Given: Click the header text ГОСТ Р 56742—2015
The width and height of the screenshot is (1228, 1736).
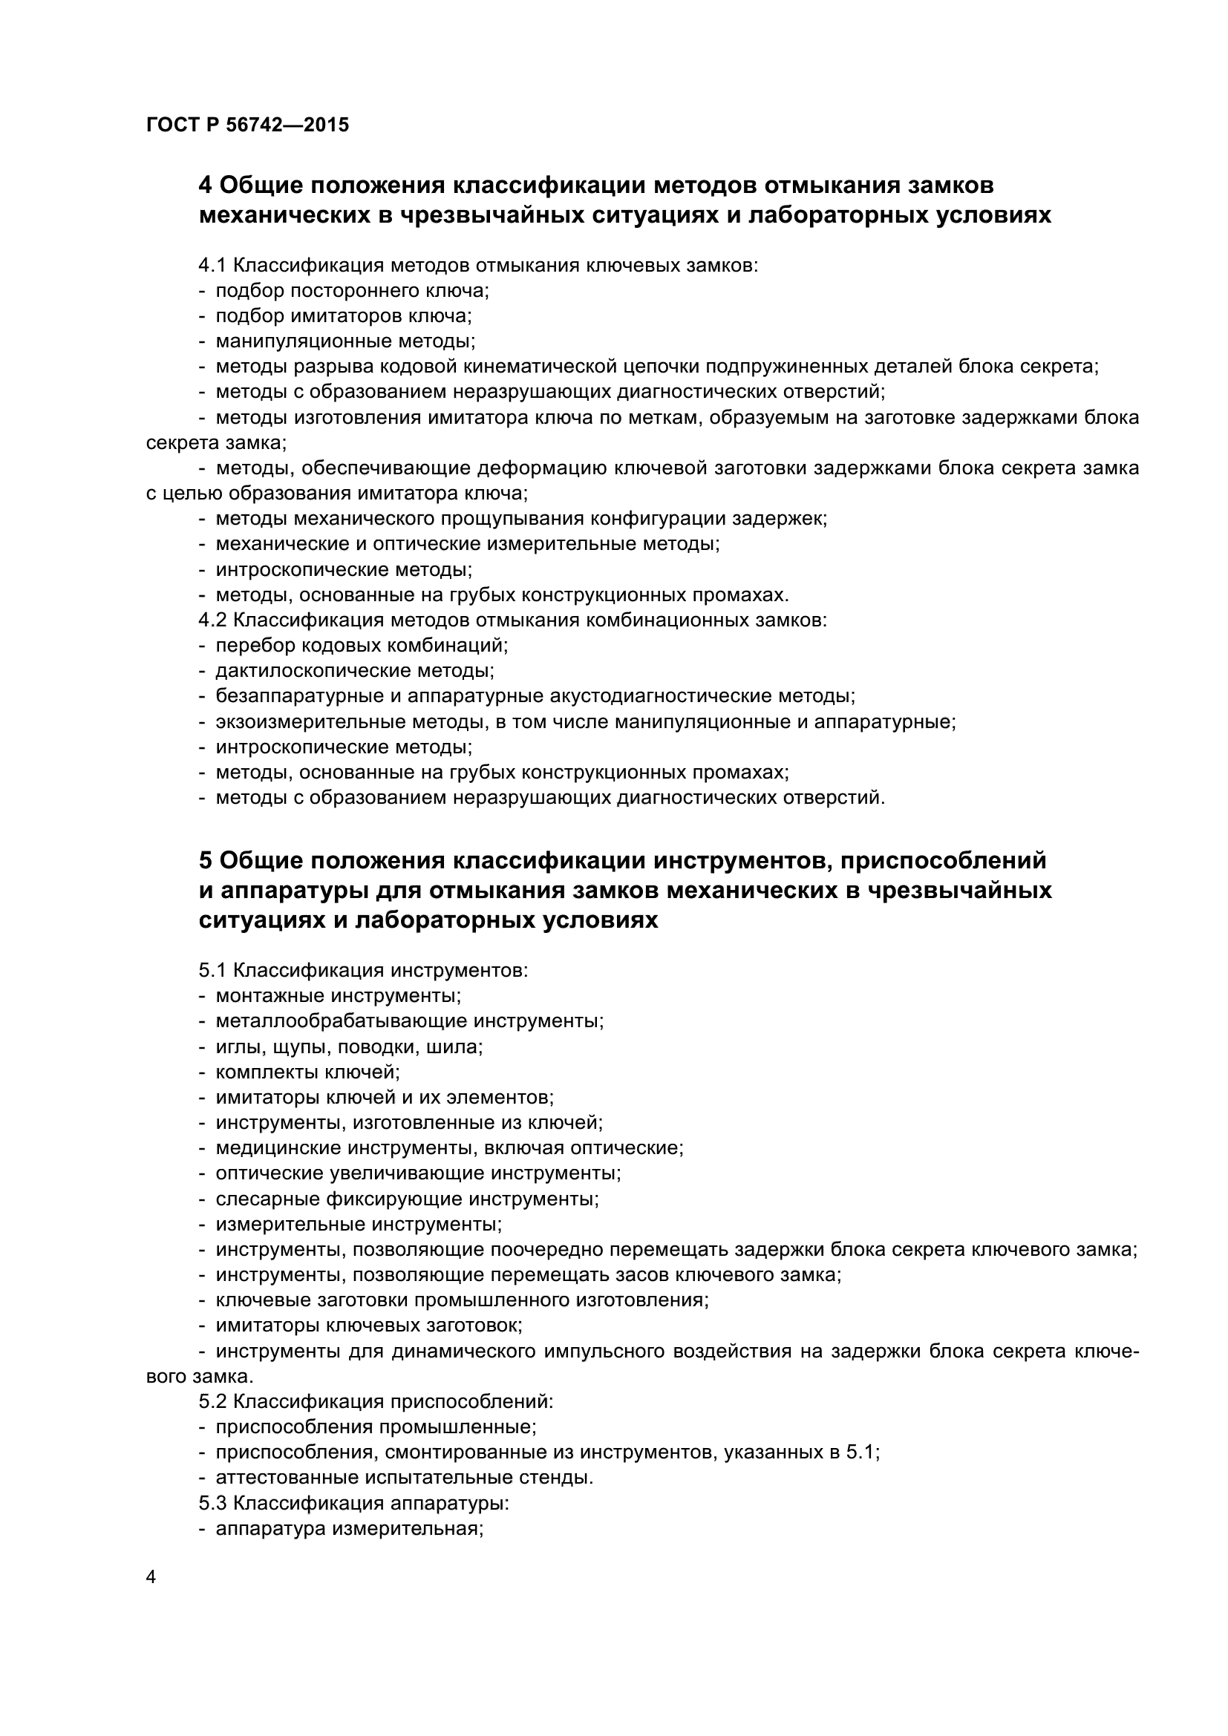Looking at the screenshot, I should [x=247, y=125].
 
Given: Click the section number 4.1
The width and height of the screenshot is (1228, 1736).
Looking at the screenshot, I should [x=212, y=266].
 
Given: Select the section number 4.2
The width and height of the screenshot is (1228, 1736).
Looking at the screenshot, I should [x=212, y=620].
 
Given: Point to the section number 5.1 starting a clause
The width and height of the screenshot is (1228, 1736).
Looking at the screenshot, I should [x=212, y=970].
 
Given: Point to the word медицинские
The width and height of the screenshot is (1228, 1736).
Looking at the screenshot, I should [x=277, y=1147].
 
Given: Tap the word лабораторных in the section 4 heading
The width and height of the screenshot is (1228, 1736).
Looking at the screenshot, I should [x=836, y=215].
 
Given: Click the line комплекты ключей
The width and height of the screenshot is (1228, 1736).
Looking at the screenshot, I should [x=307, y=1072].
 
